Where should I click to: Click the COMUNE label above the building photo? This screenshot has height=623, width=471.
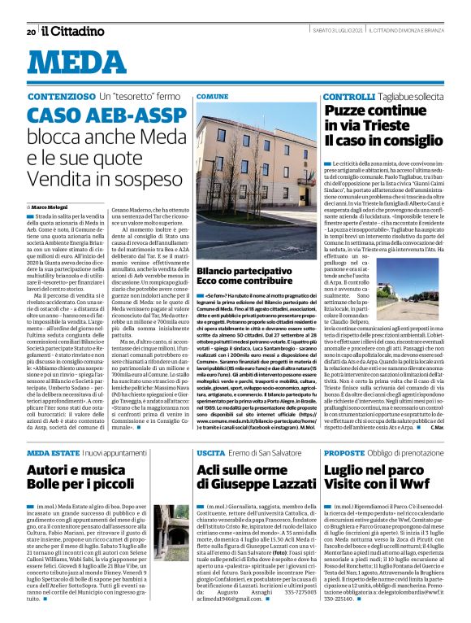(x=213, y=96)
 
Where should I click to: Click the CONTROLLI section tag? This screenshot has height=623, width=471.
(x=348, y=96)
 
